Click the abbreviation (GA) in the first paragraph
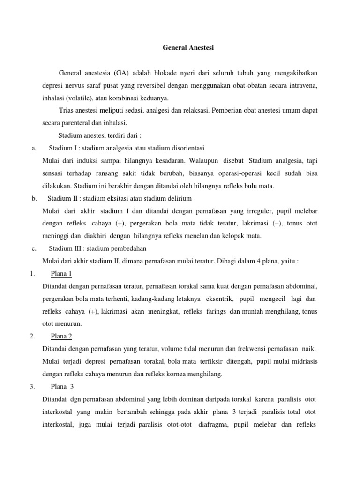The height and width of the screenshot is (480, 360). [119, 73]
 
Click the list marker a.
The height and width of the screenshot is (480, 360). [33, 149]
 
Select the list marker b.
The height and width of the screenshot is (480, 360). [34, 198]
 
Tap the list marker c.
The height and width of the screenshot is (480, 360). [34, 248]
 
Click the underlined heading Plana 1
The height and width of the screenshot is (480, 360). [60, 274]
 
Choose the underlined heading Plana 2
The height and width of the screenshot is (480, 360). [60, 336]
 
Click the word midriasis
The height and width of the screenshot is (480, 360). [300, 361]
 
